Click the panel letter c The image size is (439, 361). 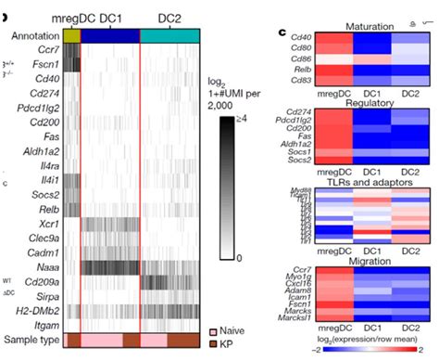tap(282, 32)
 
